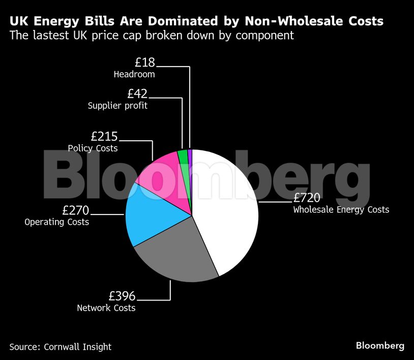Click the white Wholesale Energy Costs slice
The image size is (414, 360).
coord(229,214)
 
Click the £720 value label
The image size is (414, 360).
coord(307,198)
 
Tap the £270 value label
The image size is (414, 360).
coord(75,210)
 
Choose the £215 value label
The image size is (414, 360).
coord(104,136)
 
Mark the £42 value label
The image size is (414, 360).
coord(137,94)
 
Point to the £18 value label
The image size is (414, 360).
coord(144,63)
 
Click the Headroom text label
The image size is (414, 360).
coord(134,74)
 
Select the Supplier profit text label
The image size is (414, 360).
coord(117,106)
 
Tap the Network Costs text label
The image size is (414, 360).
coord(106,308)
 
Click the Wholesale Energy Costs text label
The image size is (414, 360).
coord(341,209)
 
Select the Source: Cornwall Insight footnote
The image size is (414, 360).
coord(60,347)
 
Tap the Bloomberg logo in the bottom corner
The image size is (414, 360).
coord(379,346)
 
